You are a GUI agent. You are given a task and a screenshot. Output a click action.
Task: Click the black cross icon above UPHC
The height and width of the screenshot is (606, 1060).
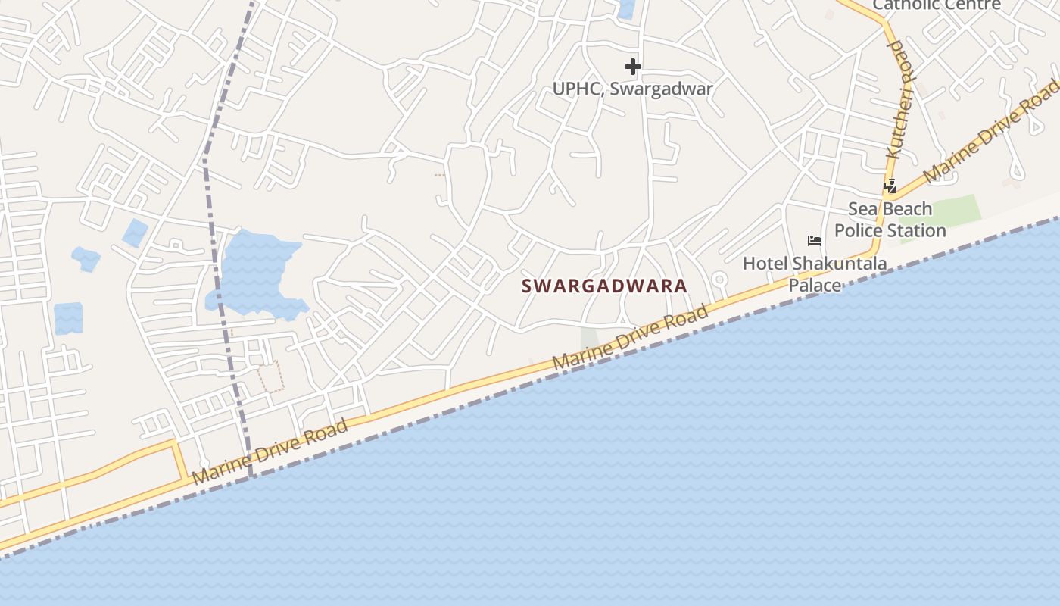coord(633,67)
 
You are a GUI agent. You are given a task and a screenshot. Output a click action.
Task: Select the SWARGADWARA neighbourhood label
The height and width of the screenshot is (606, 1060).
coord(604,286)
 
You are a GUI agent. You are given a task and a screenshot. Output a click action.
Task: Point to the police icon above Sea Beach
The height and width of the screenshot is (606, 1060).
coord(890,186)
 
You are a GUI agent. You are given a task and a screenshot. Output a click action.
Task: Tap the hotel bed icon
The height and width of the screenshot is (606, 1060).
coord(815,241)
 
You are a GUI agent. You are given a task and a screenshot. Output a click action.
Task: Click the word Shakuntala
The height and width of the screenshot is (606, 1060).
coord(840,264)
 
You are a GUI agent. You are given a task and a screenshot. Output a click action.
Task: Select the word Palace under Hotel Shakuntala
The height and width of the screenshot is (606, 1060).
coord(815,286)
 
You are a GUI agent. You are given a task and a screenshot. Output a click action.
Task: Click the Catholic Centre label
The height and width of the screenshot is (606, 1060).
coord(937,5)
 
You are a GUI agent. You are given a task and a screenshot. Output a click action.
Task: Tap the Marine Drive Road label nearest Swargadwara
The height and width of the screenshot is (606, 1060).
coord(630,338)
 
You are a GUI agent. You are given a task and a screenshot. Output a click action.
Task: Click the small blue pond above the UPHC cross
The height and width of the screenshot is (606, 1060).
coord(626,8)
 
